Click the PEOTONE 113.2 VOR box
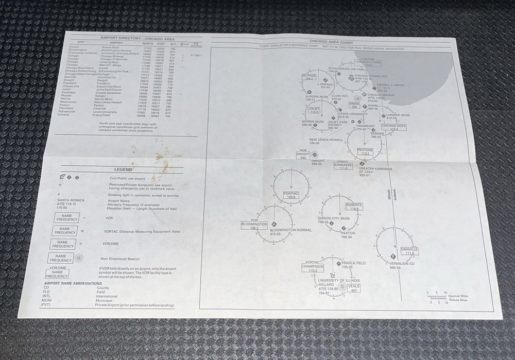(366, 151)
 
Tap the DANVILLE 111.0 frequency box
(409, 251)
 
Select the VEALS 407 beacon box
(354, 288)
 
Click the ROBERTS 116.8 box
(354, 207)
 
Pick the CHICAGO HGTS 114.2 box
(394, 127)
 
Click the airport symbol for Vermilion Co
(393, 256)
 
